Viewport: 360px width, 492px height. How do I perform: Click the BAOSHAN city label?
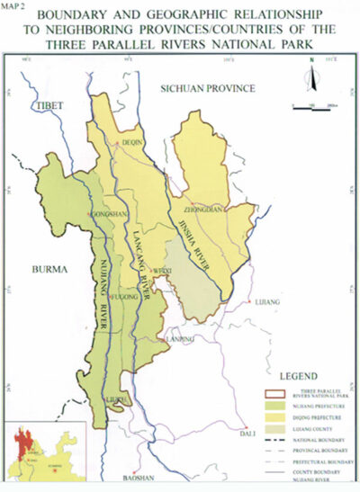coord(141,477)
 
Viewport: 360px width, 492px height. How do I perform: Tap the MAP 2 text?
coord(14,4)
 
